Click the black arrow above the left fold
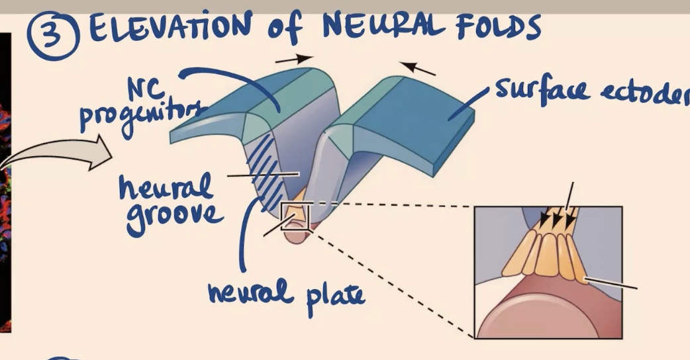click(x=295, y=59)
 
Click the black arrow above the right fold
click(x=419, y=67)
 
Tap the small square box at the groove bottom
click(x=295, y=216)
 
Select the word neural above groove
click(x=166, y=185)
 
